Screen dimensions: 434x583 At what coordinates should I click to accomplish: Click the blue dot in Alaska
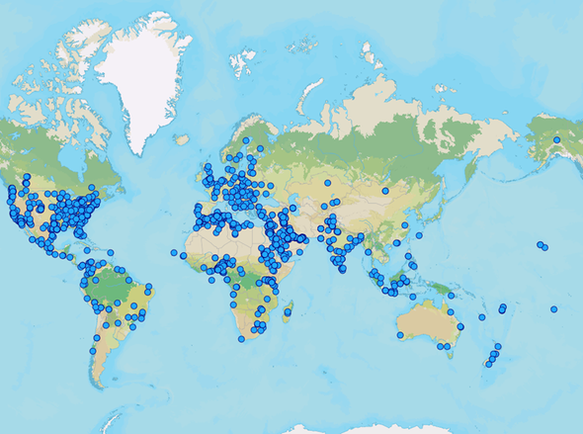(x=556, y=140)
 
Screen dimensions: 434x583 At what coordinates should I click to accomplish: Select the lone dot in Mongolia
(x=385, y=191)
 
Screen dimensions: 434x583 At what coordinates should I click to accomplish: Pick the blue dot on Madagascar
(x=288, y=313)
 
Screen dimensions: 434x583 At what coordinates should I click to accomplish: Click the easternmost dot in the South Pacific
(x=554, y=309)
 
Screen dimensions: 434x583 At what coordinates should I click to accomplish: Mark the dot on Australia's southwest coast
(x=398, y=336)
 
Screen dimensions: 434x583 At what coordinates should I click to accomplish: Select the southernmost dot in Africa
(x=241, y=339)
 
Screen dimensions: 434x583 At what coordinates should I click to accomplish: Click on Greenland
(x=148, y=79)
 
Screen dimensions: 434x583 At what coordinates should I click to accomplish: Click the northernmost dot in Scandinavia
(x=246, y=140)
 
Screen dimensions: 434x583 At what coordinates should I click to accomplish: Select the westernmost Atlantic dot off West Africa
(x=174, y=252)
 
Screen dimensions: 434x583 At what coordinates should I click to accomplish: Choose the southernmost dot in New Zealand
(x=488, y=365)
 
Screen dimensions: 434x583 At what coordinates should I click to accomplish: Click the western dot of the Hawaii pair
(x=540, y=244)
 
